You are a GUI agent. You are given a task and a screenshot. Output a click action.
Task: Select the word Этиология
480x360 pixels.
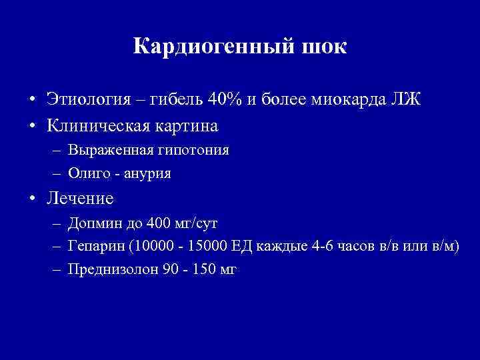click(84, 101)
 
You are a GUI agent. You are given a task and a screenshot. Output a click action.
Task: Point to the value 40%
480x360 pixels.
click(226, 101)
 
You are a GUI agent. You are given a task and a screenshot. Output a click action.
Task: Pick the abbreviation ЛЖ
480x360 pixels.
click(406, 101)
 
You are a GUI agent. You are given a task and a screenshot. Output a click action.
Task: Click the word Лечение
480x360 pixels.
click(81, 199)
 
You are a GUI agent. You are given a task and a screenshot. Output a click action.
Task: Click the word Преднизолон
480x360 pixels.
click(109, 270)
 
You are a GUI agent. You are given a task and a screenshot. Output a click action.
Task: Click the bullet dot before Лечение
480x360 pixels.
click(32, 199)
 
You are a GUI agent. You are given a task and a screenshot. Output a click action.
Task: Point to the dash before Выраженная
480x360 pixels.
click(56, 150)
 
